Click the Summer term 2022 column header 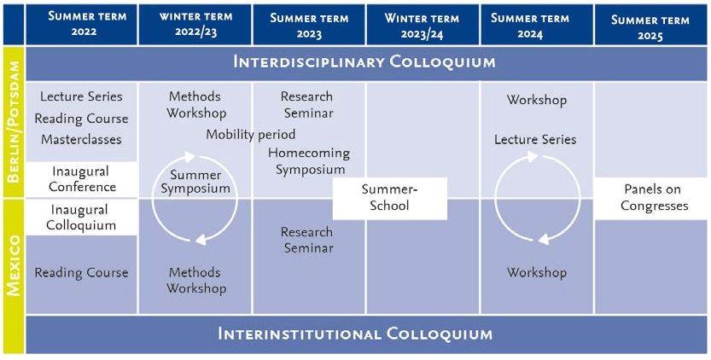point(81,25)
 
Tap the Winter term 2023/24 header point(423,25)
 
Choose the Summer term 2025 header point(650,25)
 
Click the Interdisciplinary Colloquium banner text point(364,62)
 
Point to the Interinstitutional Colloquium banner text point(355,334)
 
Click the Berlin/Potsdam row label point(13,121)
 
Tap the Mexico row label point(13,264)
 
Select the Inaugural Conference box point(81,179)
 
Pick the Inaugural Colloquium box point(81,218)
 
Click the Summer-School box point(390,198)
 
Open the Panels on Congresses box point(651,198)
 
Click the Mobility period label point(251,135)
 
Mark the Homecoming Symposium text point(309,161)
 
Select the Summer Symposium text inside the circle point(195,182)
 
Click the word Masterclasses point(81,139)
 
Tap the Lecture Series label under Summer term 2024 point(535,139)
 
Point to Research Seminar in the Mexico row point(307,240)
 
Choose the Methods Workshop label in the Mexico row point(195,280)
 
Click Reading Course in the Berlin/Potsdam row point(81,119)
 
